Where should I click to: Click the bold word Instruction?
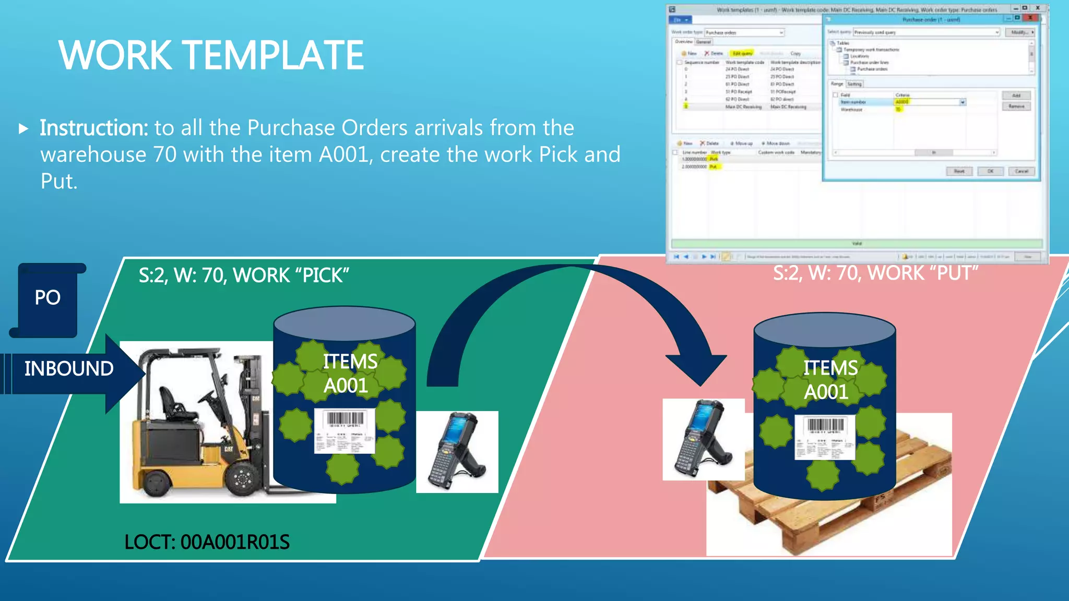(x=94, y=128)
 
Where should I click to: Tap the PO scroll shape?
(x=47, y=298)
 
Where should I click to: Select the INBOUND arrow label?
(x=69, y=369)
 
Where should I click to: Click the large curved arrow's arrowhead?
(x=697, y=368)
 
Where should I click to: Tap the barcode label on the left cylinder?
(x=345, y=431)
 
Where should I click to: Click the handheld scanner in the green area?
(x=456, y=451)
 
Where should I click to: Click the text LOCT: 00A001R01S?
(x=207, y=543)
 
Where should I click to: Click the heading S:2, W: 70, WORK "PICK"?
(x=244, y=275)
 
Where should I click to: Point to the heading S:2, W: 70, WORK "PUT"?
(x=875, y=273)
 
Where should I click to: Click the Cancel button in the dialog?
(x=1020, y=171)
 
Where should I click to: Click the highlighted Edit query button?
(x=742, y=53)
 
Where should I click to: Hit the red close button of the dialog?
(x=1030, y=18)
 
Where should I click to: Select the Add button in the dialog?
(x=1016, y=95)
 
